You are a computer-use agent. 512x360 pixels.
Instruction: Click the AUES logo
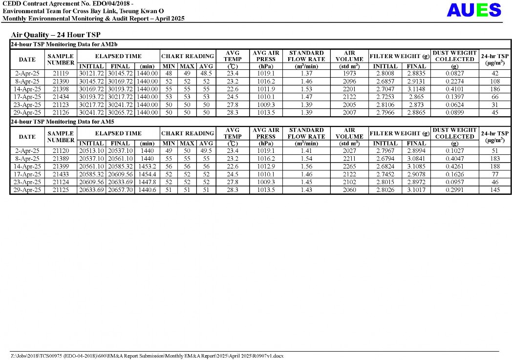point(473,10)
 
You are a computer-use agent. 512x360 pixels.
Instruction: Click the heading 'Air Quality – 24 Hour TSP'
point(55,35)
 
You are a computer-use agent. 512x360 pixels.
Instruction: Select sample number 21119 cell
point(61,73)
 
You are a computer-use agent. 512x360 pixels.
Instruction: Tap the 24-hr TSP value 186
point(495,89)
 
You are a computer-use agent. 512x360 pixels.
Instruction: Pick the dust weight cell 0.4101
point(454,89)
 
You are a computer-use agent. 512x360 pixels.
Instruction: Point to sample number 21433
point(61,174)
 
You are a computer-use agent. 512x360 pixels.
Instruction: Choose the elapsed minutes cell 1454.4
point(147,174)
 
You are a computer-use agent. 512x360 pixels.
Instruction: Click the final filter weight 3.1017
point(416,190)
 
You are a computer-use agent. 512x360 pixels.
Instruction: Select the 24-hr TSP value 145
point(495,190)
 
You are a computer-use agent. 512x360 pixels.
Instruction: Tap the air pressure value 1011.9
point(266,89)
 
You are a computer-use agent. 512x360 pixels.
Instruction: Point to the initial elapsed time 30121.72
point(91,73)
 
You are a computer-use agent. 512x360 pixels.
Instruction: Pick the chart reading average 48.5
point(206,73)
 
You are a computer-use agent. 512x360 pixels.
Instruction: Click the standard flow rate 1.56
point(306,166)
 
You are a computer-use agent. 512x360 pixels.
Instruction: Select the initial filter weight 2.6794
point(385,158)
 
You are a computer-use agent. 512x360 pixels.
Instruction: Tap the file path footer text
point(147,356)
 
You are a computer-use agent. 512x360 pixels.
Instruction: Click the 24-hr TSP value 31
point(495,105)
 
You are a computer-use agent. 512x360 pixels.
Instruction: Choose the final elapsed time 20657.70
point(120,190)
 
